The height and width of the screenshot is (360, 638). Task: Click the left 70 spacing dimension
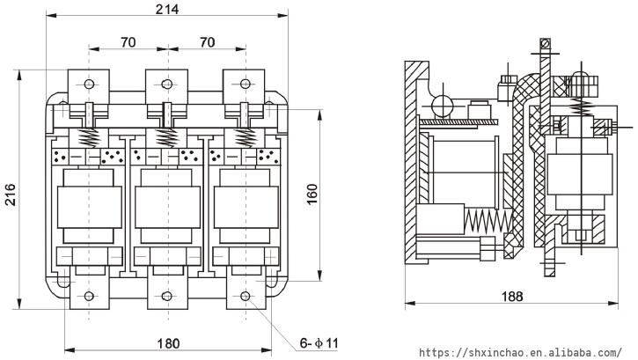pos(127,41)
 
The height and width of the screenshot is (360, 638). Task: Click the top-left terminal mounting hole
pos(88,84)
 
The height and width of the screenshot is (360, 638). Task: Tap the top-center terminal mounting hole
pos(166,84)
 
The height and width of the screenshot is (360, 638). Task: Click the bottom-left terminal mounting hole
pos(88,296)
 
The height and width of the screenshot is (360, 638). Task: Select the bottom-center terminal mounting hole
pos(166,296)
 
